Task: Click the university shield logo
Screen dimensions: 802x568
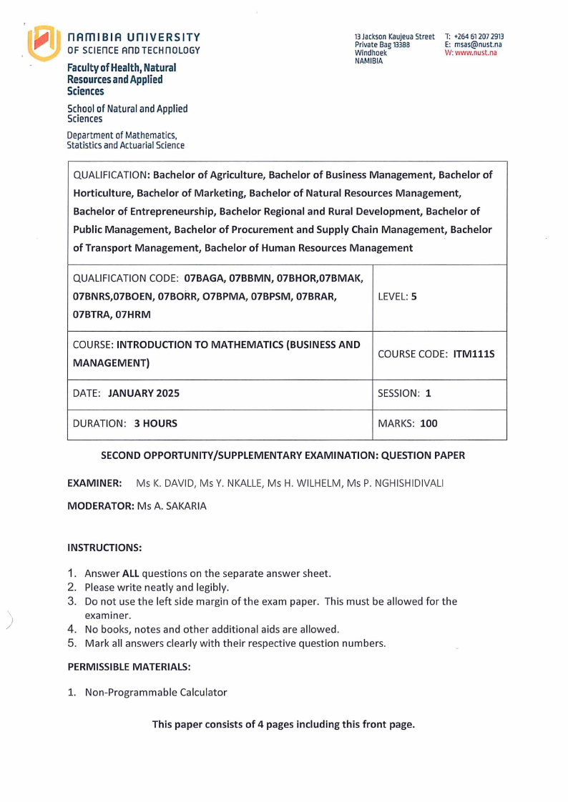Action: coord(43,43)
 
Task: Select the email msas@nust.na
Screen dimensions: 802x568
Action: coord(478,44)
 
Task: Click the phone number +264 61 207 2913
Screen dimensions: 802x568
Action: coord(479,36)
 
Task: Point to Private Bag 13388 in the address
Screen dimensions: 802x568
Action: coord(382,44)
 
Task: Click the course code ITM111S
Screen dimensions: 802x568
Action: coord(474,355)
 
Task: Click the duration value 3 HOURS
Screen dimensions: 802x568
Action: coord(155,423)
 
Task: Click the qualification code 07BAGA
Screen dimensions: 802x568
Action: coord(205,277)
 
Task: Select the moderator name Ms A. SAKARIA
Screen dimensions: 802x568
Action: coord(175,505)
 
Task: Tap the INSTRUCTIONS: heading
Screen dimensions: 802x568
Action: coord(104,548)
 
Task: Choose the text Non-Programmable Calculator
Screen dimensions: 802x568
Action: coord(155,692)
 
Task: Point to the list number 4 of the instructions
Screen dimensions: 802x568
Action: coord(72,629)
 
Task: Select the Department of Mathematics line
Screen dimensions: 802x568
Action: coord(122,134)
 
